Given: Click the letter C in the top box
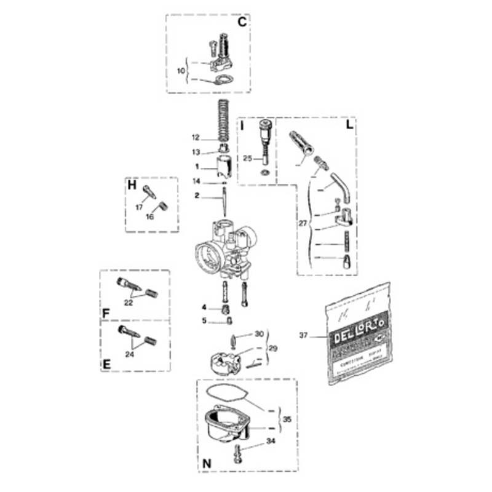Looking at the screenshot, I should pos(242,22).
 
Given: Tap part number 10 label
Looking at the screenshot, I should pos(180,71).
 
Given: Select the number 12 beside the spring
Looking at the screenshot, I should pos(196,137).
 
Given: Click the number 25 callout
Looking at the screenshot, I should pos(248,158).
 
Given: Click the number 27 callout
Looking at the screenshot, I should pos(303,224).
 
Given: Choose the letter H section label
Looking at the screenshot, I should pos(131,184).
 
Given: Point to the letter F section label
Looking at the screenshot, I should pos(106,313).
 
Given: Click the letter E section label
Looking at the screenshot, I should pos(106,365).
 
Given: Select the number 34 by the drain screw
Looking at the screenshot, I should pos(271,442).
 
